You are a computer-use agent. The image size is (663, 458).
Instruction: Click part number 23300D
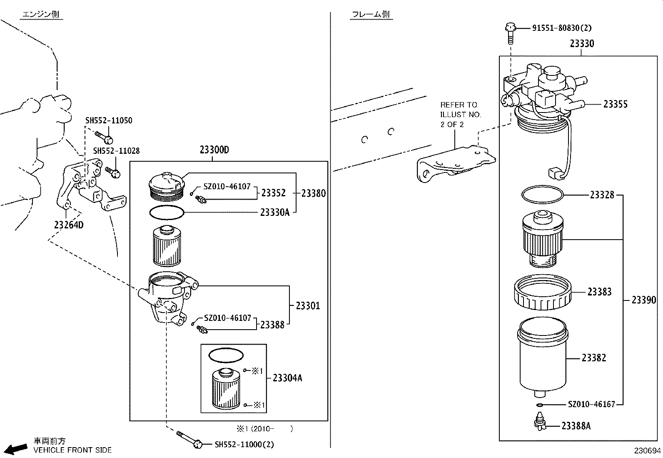tap(214, 150)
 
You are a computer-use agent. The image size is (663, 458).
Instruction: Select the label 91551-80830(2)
tap(561, 28)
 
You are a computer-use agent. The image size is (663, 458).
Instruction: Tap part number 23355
tap(615, 104)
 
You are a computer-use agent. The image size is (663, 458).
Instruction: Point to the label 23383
tap(599, 292)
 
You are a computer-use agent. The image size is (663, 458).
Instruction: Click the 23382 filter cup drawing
tap(542, 358)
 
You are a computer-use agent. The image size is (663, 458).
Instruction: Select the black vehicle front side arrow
tap(16, 449)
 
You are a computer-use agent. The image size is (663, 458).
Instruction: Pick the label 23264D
tap(68, 225)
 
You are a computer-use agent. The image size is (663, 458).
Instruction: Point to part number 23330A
tap(274, 213)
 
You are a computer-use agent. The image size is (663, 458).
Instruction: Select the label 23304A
tap(287, 378)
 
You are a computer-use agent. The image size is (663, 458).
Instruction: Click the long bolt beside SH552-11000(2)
tap(189, 439)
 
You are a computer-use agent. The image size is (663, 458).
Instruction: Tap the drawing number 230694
tap(647, 450)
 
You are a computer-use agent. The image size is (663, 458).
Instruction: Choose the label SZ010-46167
tap(591, 404)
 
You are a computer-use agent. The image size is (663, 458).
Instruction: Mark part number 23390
tap(643, 300)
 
